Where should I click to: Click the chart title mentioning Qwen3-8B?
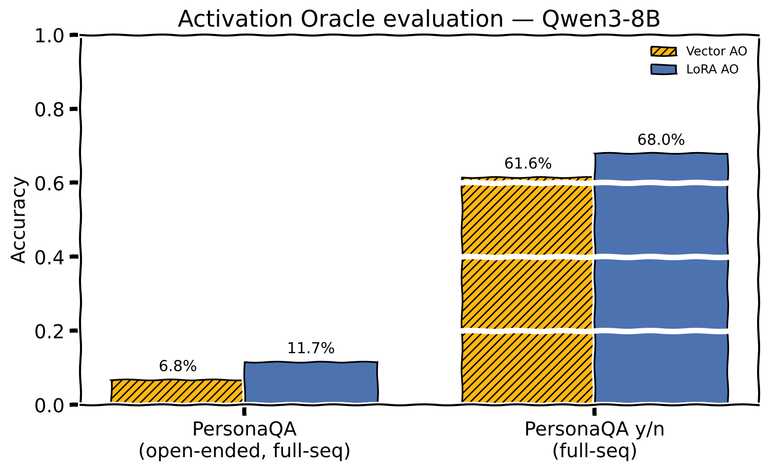click(x=419, y=19)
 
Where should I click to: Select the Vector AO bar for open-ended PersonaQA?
click(x=177, y=391)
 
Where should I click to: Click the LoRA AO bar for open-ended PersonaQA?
click(x=311, y=382)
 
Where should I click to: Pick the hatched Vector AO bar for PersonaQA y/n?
click(x=527, y=290)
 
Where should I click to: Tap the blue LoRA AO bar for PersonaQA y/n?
click(x=661, y=277)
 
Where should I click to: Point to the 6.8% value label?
click(x=178, y=366)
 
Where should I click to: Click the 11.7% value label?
click(x=311, y=348)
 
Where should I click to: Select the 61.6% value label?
click(x=527, y=163)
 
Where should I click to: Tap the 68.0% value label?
click(x=661, y=140)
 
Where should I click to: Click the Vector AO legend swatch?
click(x=664, y=51)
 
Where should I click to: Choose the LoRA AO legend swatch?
click(x=664, y=70)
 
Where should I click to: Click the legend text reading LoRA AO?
click(x=712, y=70)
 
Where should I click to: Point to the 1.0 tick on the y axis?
click(x=49, y=36)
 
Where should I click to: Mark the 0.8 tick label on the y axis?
click(x=49, y=110)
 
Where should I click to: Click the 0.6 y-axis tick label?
click(x=49, y=184)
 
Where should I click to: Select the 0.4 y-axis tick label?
click(x=49, y=258)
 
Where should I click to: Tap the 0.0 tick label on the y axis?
click(x=49, y=406)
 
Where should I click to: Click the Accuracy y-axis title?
click(x=18, y=220)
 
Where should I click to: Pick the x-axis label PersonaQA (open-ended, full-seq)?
click(x=244, y=440)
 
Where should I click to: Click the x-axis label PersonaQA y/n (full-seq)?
click(x=595, y=440)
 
